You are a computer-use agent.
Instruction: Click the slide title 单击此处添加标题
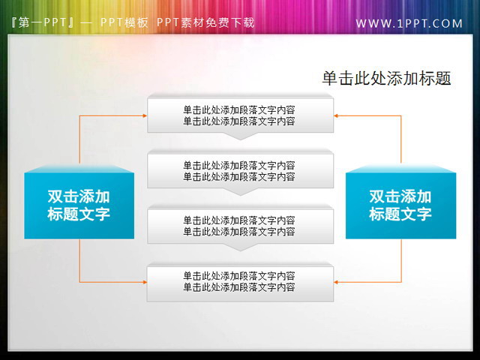385,78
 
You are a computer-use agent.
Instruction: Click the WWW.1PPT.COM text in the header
409,24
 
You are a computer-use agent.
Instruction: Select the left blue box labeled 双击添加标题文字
79,205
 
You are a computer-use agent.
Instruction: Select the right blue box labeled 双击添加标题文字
400,205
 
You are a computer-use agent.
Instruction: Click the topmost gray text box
240,115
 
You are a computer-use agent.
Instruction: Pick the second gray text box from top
240,170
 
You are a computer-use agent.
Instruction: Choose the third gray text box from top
240,226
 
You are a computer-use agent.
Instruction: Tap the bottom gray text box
240,281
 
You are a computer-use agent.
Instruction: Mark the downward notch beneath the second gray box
240,191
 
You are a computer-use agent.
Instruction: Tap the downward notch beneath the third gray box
240,247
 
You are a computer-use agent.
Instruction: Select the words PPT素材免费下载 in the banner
205,22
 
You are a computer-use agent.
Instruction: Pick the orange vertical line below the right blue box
401,260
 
